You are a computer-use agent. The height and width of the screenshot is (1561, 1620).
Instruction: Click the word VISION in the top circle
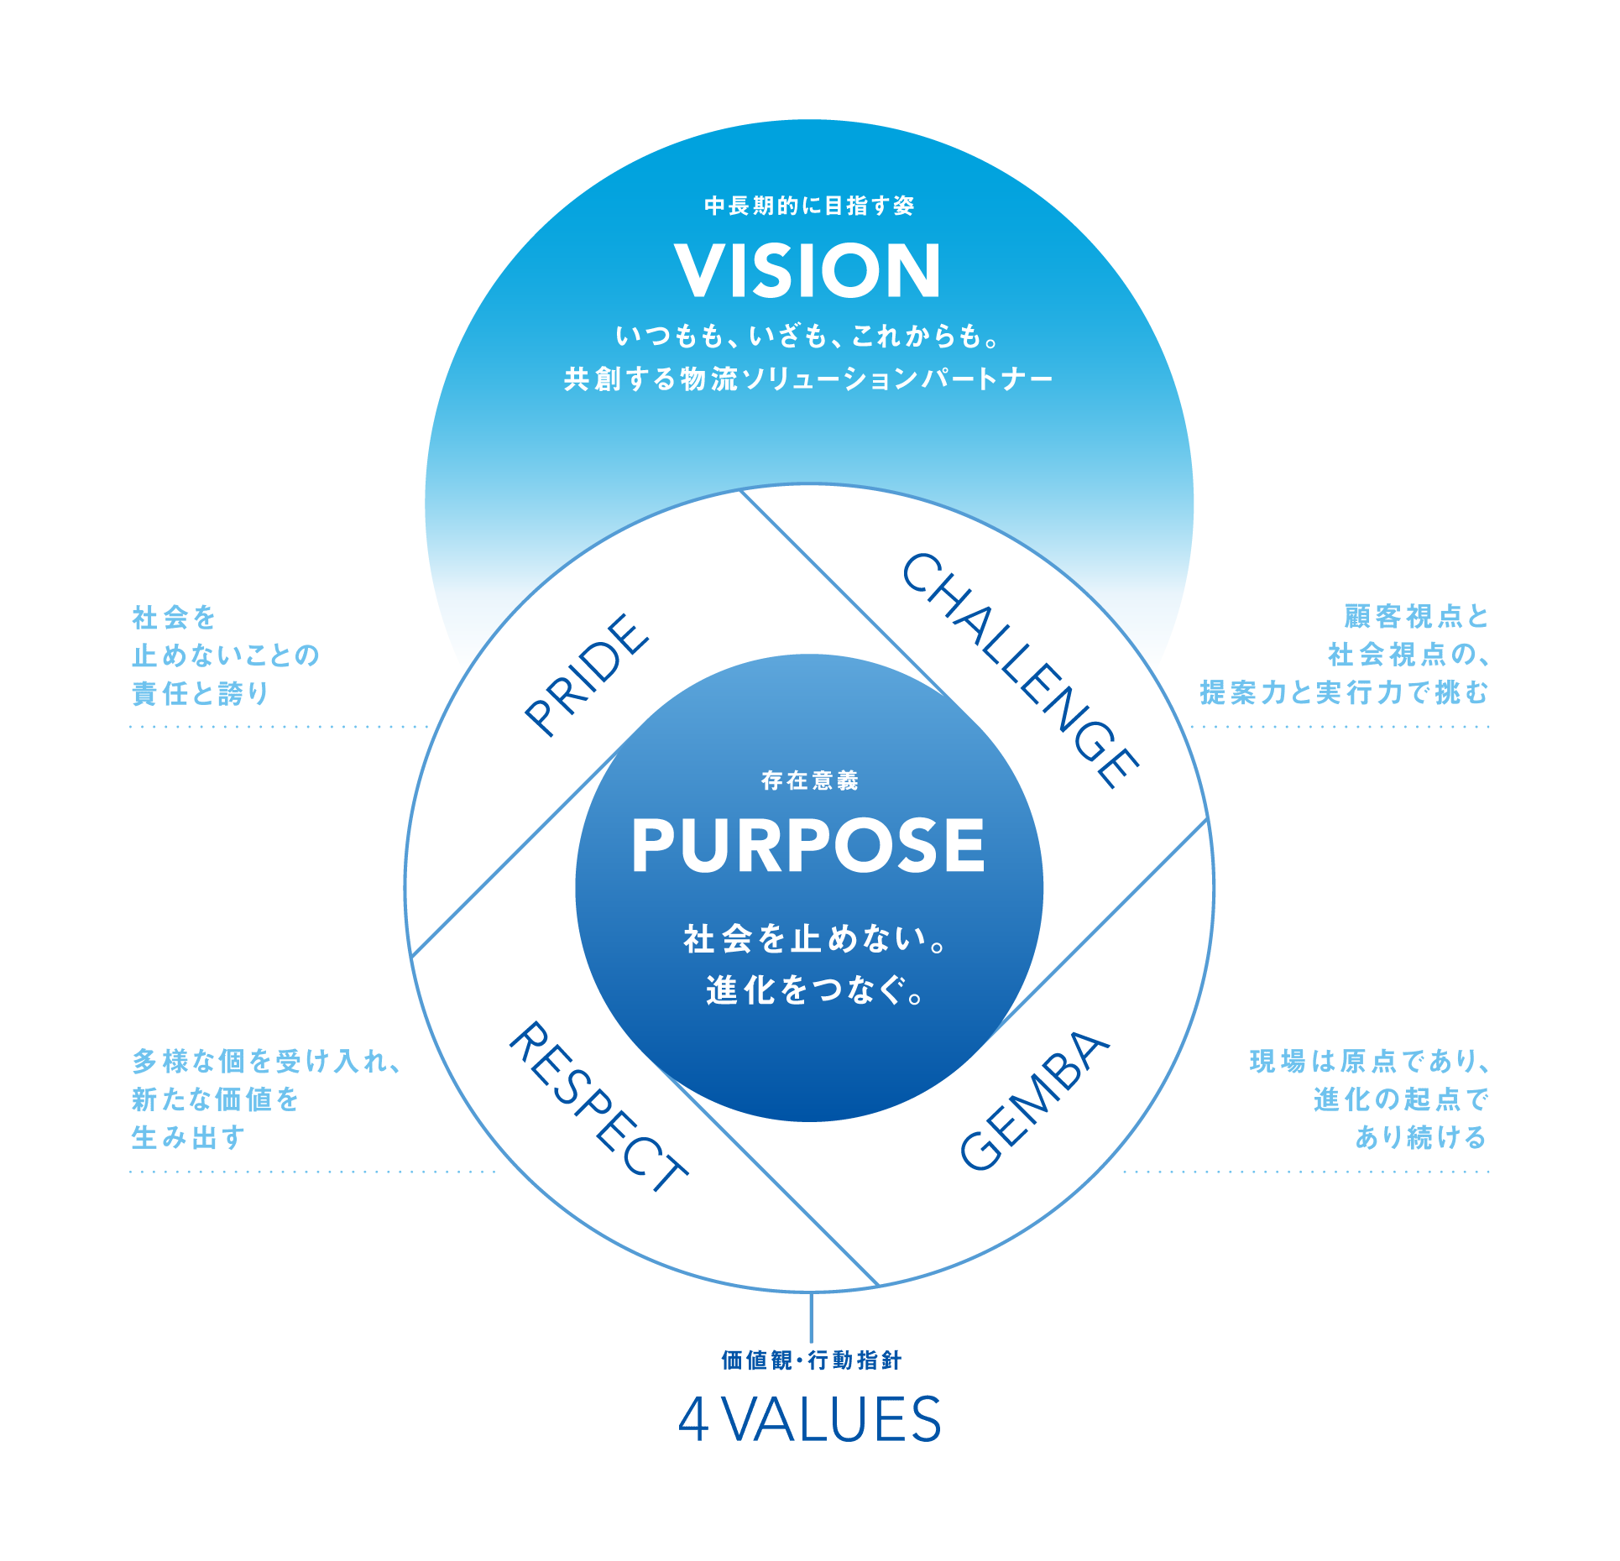tap(807, 270)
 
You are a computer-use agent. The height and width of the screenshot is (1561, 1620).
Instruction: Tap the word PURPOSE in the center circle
tap(808, 845)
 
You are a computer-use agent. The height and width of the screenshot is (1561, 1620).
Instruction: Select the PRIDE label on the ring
tap(586, 676)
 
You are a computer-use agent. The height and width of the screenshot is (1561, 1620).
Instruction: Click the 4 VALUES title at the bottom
tap(810, 1420)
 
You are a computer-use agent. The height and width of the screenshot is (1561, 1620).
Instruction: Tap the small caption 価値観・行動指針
tap(811, 1360)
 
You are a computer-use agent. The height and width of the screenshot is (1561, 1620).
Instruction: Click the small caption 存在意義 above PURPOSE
tap(810, 780)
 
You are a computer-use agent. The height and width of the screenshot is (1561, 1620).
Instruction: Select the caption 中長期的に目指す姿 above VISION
tap(809, 206)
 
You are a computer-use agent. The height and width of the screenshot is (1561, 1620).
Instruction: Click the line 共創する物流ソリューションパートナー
tap(808, 379)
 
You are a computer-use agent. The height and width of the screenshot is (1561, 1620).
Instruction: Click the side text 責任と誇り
tap(201, 693)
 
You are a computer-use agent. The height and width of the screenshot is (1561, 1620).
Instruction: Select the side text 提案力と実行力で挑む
tap(1344, 692)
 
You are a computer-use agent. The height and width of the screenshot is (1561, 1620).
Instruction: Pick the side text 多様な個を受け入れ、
tap(268, 1061)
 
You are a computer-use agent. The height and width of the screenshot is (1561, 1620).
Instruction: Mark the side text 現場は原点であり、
tap(1369, 1061)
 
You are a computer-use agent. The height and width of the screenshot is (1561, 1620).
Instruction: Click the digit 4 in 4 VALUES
tap(693, 1421)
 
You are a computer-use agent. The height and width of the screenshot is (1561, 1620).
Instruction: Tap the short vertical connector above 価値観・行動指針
tap(811, 1318)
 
